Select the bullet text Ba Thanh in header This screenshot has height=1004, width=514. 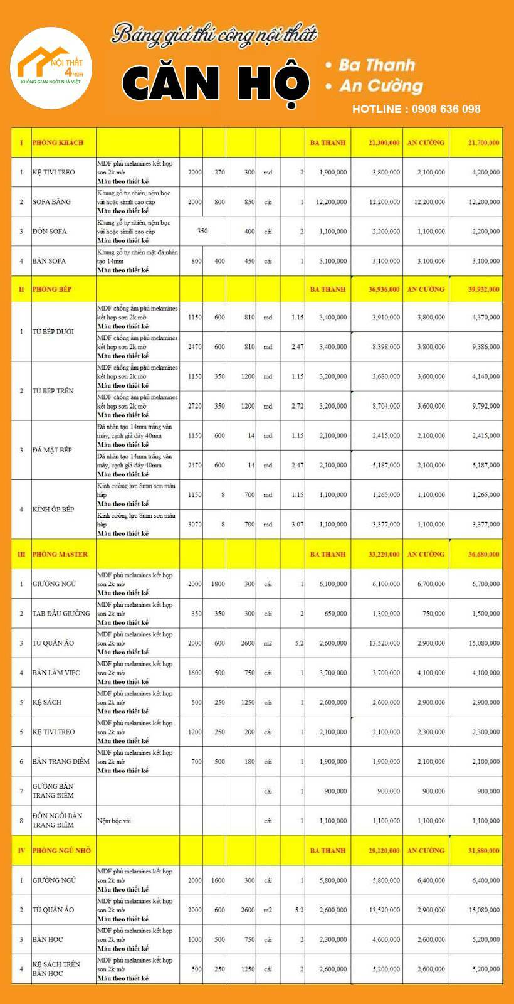pos(376,65)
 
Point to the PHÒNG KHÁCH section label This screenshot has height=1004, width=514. pos(58,142)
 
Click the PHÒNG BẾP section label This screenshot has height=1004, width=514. pos(52,289)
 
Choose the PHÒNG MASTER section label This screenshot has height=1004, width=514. pos(60,554)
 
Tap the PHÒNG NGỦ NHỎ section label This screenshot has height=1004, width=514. pos(61,850)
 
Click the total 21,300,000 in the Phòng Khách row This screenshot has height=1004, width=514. pos(384,142)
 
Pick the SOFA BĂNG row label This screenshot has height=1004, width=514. pos(51,201)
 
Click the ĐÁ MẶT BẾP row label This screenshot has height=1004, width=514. pos(52,450)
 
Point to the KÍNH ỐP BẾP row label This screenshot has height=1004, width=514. pos(53,509)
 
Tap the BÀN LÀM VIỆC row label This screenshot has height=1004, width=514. pos(56,673)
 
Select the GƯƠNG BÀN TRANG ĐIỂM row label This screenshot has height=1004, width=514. pos(53,791)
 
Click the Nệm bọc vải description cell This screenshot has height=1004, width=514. pos(114,820)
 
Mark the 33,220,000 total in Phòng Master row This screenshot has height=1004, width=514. pos(384,554)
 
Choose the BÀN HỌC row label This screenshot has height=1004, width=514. pos(48,939)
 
